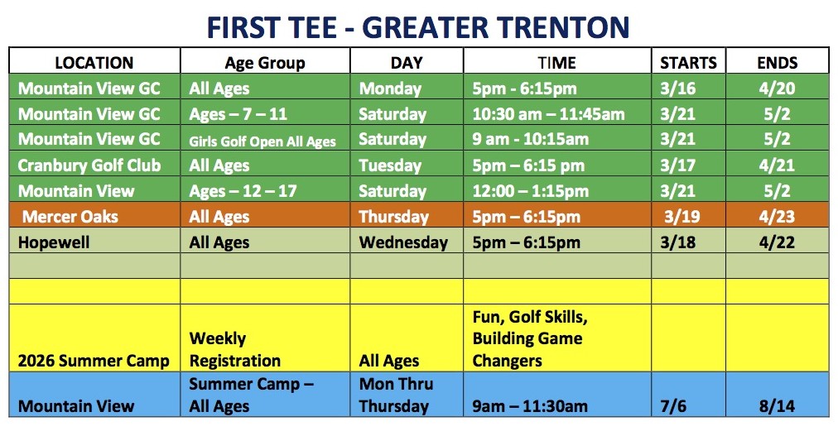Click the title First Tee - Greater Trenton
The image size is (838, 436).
pyautogui.click(x=418, y=28)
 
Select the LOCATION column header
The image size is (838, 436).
pyautogui.click(x=94, y=63)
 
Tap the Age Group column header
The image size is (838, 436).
pyautogui.click(x=265, y=63)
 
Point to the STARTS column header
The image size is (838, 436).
pyautogui.click(x=688, y=63)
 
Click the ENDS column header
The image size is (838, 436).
pyautogui.click(x=777, y=63)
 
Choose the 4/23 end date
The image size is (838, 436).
pyautogui.click(x=777, y=217)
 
